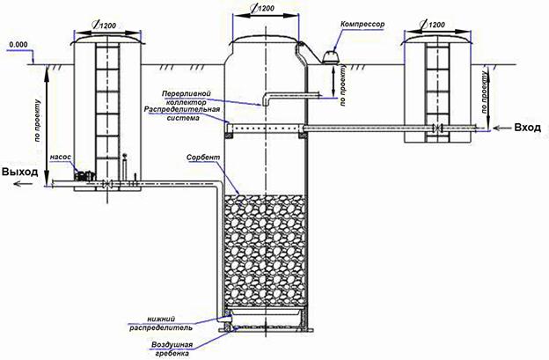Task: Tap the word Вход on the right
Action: pyautogui.click(x=530, y=129)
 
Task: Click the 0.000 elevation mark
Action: pyautogui.click(x=18, y=43)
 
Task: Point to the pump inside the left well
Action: pyautogui.click(x=84, y=175)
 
